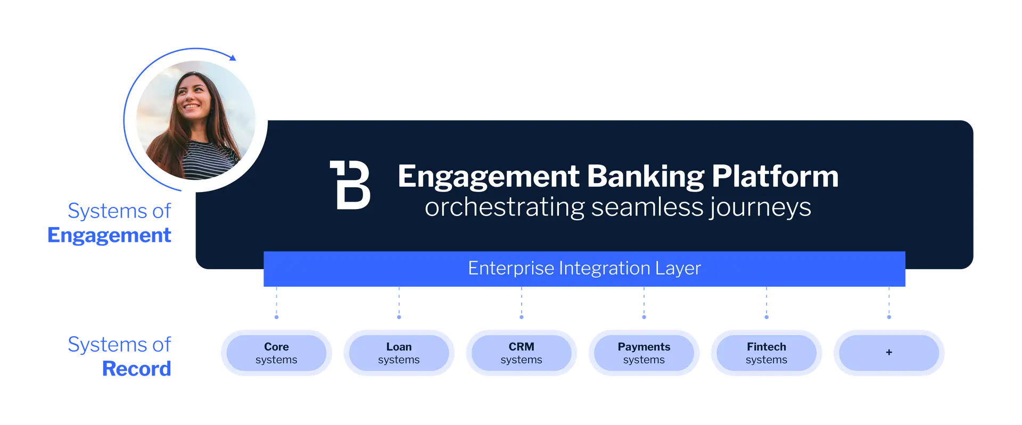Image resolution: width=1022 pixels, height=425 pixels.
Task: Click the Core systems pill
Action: coord(276,353)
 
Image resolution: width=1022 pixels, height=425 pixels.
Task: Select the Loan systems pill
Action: coord(399,353)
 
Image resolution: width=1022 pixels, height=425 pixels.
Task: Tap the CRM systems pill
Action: coord(521,353)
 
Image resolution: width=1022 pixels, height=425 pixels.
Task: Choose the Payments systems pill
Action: coord(644,353)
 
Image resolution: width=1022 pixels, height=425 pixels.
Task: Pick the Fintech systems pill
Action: coord(766,353)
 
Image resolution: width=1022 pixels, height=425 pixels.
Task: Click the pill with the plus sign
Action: coord(888,353)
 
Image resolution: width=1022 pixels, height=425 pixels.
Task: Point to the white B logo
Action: coord(350,185)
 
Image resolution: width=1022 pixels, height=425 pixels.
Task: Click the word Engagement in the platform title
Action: coord(488,177)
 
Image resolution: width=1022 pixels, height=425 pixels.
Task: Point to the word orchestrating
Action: coord(505,207)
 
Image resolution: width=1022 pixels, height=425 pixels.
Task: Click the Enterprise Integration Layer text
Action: coord(584,269)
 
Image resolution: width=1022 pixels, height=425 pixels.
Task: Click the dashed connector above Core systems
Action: coord(276,305)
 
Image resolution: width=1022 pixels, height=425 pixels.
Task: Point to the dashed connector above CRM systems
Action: coord(521,305)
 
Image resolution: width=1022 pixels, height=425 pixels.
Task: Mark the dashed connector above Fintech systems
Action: coord(767,305)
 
